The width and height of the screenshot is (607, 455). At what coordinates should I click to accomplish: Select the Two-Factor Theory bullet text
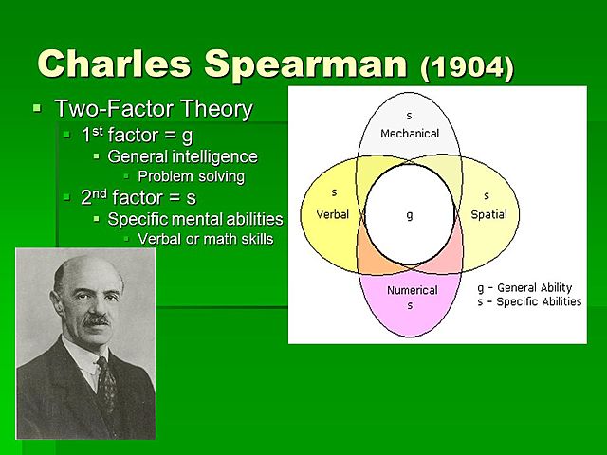(154, 109)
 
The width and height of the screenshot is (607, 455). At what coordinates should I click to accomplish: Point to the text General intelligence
(182, 156)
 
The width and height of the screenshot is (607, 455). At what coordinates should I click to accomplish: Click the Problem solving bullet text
(191, 176)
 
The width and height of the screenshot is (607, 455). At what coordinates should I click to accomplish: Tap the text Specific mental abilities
(194, 219)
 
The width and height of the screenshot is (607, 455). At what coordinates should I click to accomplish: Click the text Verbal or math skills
(205, 239)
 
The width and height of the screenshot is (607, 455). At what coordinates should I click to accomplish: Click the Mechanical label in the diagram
(410, 134)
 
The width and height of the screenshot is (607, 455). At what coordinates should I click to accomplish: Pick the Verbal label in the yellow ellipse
(332, 214)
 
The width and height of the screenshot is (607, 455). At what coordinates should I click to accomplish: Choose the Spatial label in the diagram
(488, 214)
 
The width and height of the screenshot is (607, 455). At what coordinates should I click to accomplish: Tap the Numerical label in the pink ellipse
(410, 290)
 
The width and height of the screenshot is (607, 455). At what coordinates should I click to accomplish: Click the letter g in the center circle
(410, 215)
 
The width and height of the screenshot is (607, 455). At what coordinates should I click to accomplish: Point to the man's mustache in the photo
(95, 321)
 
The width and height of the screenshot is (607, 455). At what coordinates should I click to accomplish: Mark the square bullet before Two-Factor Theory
(37, 109)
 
